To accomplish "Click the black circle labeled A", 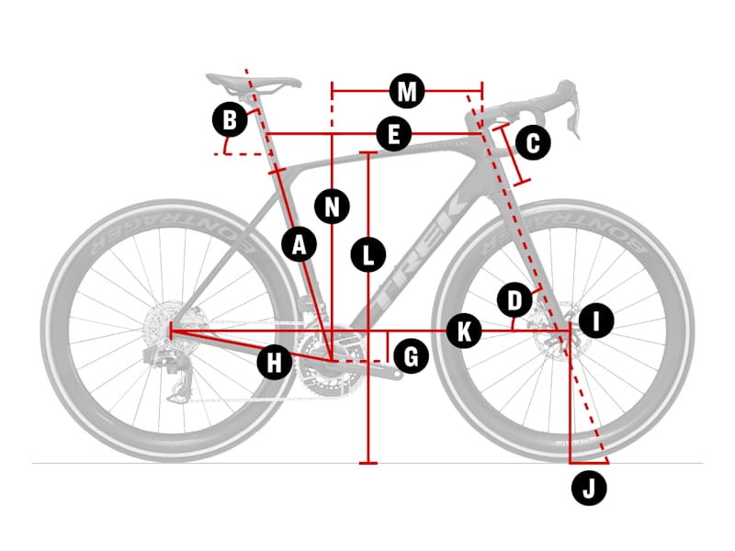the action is pos(300,244).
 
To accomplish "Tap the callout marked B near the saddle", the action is pos(230,119).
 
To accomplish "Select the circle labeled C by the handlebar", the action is pos(533,142).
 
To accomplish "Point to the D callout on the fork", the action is pos(514,300).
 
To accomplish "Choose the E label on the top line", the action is pos(394,133).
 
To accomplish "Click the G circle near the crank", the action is pos(411,356).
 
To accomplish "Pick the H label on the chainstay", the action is pos(274,362).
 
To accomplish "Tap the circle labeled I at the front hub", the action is pos(596,320).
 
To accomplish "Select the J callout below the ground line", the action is pos(589,488).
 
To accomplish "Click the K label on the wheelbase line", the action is pos(464,332).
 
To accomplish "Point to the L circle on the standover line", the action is pos(368,254).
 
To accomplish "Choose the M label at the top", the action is pos(407,91).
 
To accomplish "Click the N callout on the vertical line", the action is pos(332,206).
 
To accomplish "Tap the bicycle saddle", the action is pos(254,83).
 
